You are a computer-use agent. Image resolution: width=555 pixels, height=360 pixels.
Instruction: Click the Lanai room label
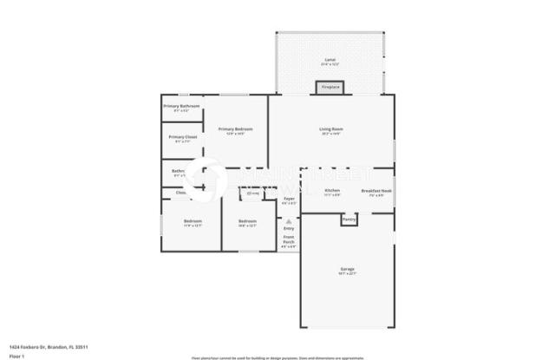tap(330, 60)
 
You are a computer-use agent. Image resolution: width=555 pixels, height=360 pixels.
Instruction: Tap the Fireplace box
tap(330, 88)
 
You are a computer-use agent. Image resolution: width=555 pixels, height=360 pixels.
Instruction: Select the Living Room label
tap(331, 128)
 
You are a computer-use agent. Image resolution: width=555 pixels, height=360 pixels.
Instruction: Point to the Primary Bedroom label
tap(235, 129)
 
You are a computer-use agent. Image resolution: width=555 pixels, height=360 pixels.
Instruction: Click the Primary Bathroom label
tap(181, 106)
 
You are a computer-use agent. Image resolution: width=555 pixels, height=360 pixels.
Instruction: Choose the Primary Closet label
tap(182, 137)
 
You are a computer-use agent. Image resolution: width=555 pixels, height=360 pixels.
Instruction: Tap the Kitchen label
tap(332, 190)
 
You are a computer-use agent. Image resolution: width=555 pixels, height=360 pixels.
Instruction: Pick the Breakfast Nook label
tap(376, 190)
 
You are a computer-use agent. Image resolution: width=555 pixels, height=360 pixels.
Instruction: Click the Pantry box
tap(349, 219)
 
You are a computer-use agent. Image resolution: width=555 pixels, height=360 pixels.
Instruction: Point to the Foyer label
tap(289, 199)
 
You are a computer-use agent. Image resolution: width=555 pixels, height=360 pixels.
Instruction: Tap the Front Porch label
tap(289, 239)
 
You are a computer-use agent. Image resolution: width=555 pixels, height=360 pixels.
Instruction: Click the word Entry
tap(289, 228)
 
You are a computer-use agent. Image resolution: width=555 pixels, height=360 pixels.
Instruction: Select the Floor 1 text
tap(16, 356)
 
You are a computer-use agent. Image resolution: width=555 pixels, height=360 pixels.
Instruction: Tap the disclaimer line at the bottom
tap(277, 357)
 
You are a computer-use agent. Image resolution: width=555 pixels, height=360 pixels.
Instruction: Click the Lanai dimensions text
tap(330, 65)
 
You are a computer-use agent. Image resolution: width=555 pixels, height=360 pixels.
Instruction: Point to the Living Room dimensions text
tap(331, 134)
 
